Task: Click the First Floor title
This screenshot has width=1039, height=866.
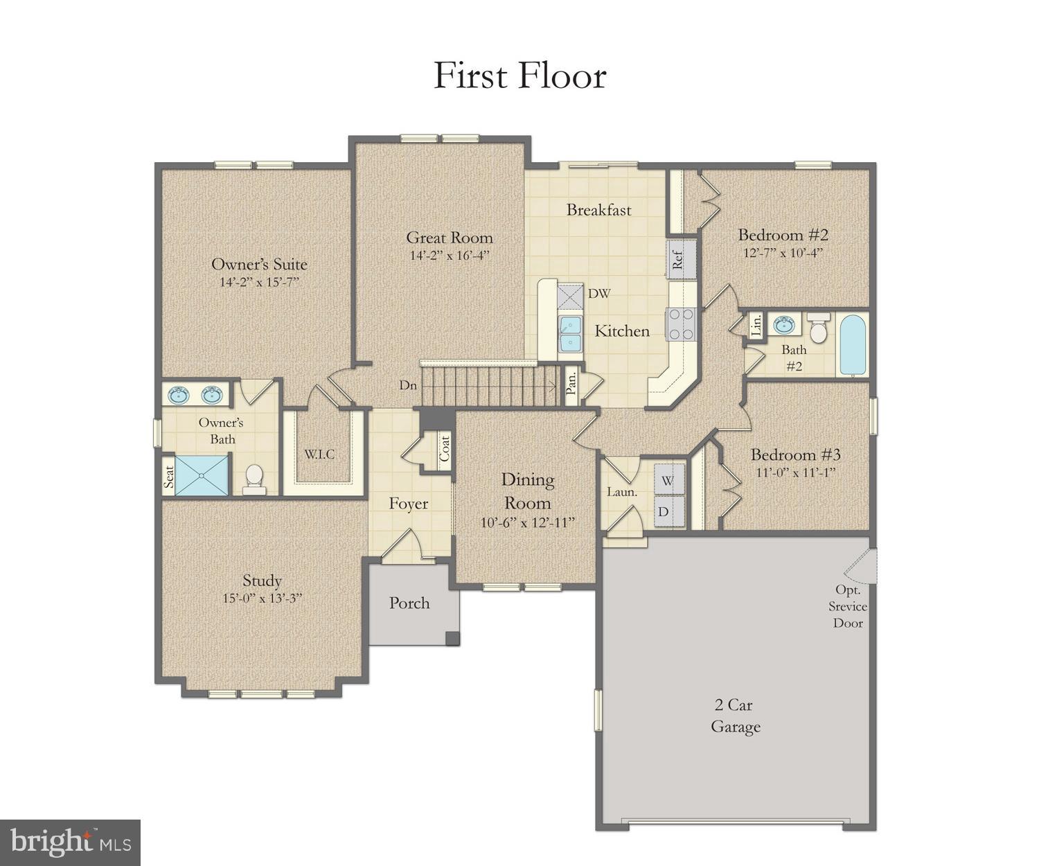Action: point(519,76)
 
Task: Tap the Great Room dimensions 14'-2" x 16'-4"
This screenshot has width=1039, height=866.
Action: point(450,256)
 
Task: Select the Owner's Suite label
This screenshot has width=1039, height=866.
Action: point(259,264)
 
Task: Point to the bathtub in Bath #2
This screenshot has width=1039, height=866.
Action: point(852,344)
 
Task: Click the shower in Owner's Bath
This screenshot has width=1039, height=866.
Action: point(202,475)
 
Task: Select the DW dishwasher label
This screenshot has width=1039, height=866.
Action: point(599,294)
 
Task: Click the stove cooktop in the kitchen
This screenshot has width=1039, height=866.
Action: point(681,324)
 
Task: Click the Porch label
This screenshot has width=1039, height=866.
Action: point(409,603)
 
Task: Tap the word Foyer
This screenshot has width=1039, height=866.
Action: point(408,504)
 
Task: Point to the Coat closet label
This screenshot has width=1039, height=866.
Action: point(445,450)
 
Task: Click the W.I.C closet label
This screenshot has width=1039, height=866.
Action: point(320,454)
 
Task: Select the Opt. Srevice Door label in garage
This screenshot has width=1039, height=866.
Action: point(848,607)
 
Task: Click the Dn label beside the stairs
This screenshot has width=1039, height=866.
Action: point(407,385)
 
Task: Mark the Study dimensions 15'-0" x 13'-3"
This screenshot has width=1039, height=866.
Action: point(263,599)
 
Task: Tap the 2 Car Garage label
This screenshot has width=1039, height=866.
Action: point(735,716)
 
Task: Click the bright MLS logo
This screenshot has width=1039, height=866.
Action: point(71,842)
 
